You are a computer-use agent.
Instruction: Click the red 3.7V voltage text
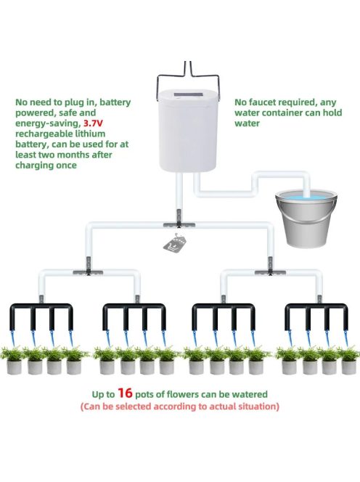[93, 123]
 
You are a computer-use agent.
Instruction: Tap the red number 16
[125, 393]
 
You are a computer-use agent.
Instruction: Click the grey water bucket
[306, 218]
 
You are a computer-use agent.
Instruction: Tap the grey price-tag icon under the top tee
[176, 243]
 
